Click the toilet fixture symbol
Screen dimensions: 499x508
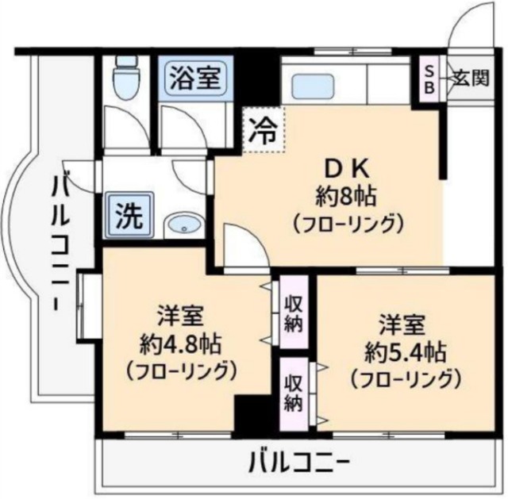pyautogui.click(x=124, y=77)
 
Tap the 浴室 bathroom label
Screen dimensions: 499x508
pyautogui.click(x=194, y=78)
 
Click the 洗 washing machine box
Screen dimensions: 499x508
pyautogui.click(x=126, y=214)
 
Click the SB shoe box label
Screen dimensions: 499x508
pyautogui.click(x=429, y=78)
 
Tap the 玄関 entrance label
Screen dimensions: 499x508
pyautogui.click(x=471, y=78)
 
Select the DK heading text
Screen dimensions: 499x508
pyautogui.click(x=344, y=168)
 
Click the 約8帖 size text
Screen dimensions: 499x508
pyautogui.click(x=344, y=195)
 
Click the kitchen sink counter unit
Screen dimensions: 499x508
pyautogui.click(x=350, y=82)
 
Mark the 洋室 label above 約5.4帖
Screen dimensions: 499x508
pyautogui.click(x=403, y=324)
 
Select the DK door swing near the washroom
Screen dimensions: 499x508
pyautogui.click(x=243, y=241)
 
